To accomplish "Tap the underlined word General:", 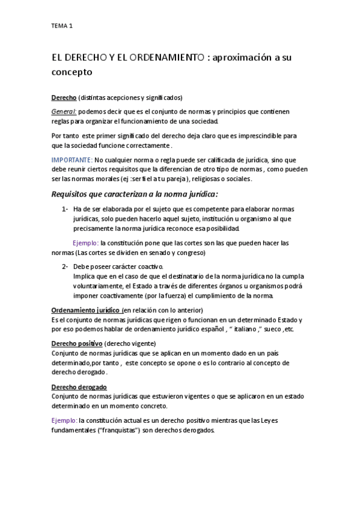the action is pyautogui.click(x=64, y=111).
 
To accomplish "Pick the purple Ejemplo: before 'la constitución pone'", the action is pyautogui.click(x=85, y=243).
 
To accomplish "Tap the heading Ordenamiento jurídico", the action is pyautogui.click(x=86, y=310).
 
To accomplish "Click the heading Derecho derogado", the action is pyautogui.click(x=79, y=387).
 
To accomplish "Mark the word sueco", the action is pyautogui.click(x=270, y=330).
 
